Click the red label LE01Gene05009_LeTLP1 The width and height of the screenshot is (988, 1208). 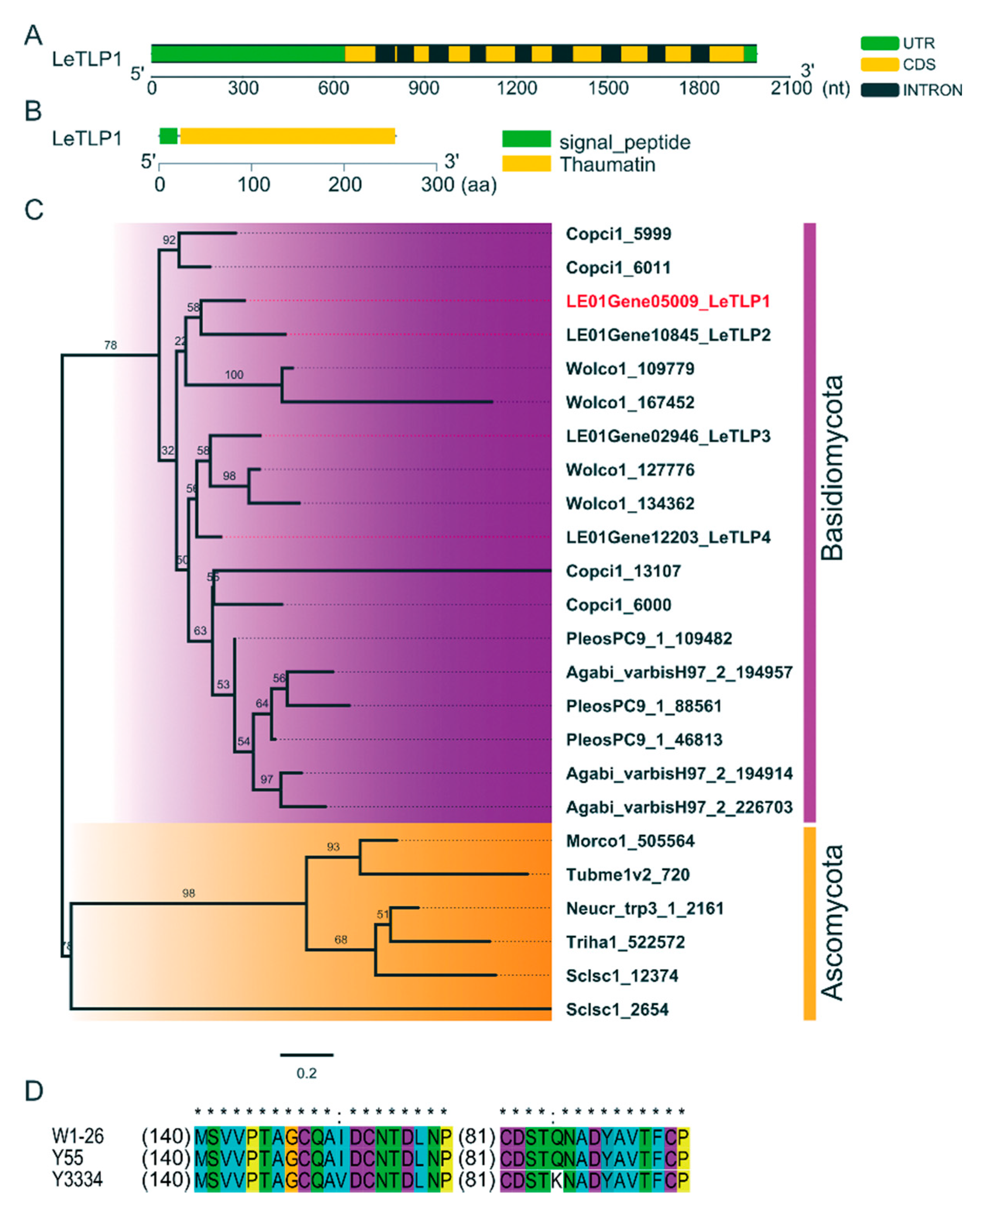[x=667, y=301]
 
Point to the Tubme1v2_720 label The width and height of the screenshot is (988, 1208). [x=627, y=875]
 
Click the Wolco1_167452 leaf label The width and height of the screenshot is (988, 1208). [x=630, y=402]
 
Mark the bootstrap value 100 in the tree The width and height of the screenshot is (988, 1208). [x=234, y=375]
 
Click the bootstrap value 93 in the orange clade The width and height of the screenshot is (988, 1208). [x=333, y=847]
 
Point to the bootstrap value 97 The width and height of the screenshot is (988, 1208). [x=266, y=779]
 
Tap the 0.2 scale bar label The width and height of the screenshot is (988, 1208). [x=306, y=1073]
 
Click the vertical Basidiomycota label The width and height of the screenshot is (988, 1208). [x=832, y=468]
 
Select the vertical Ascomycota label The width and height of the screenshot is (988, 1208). [x=832, y=922]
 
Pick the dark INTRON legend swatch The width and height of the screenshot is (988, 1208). [x=879, y=90]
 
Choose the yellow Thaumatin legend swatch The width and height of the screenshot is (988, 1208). [x=526, y=164]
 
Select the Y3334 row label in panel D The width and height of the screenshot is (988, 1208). [x=77, y=1180]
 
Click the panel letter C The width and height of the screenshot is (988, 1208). [x=34, y=210]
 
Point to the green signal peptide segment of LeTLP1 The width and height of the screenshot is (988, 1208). [x=168, y=136]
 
